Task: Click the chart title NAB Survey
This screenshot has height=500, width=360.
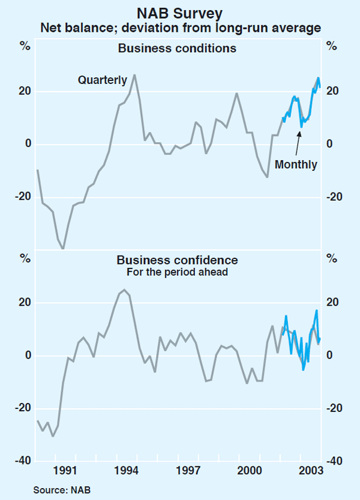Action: click(x=180, y=12)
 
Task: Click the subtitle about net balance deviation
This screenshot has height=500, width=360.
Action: click(x=180, y=27)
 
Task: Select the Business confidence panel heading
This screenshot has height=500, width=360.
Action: click(x=177, y=260)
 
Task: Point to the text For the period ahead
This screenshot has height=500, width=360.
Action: click(x=177, y=272)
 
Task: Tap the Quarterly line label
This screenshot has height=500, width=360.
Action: click(x=102, y=80)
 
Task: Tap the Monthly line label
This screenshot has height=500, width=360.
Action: click(x=296, y=164)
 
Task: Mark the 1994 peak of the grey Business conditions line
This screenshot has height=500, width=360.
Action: click(x=134, y=75)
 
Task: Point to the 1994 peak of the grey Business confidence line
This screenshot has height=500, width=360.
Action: click(x=124, y=290)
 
